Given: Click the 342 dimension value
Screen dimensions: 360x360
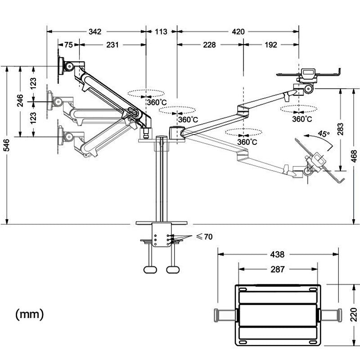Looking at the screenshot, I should pos(95,31).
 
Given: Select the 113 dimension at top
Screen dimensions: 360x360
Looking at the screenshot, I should pos(161,31).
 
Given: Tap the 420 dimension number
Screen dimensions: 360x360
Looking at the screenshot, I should pos(238,31).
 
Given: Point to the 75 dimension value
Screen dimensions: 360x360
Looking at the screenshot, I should pos(68,45).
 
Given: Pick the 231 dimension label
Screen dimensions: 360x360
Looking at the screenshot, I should pos(112,45).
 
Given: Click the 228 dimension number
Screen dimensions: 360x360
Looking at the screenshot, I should pos(209,45).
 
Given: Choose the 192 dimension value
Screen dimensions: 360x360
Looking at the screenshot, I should pos(271,45).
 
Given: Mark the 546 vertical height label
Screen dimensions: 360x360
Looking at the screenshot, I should pos(6,145).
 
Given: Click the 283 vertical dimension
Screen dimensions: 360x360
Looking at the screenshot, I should pos(340,129).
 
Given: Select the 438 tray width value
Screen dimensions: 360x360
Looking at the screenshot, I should pos(278,254).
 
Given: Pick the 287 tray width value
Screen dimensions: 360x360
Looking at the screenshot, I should pos(278,270).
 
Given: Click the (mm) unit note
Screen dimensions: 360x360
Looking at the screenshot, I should pos(30,314).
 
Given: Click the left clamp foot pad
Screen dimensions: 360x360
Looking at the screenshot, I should pos(150,269).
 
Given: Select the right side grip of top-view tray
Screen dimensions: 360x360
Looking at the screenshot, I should pos(329,315).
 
